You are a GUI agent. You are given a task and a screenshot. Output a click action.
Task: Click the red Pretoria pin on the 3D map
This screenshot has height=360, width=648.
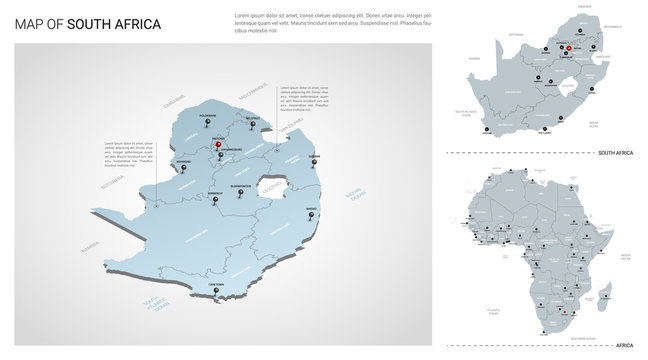(x=219, y=146)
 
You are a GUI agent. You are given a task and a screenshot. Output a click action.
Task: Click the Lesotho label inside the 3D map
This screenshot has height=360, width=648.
(x=272, y=186)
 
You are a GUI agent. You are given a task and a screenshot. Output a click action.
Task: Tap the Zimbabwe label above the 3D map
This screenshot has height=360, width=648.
(x=177, y=100)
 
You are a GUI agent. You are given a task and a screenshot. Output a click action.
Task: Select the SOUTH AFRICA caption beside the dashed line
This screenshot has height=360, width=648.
(x=615, y=152)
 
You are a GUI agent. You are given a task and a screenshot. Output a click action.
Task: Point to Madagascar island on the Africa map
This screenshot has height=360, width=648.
(x=606, y=293)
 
